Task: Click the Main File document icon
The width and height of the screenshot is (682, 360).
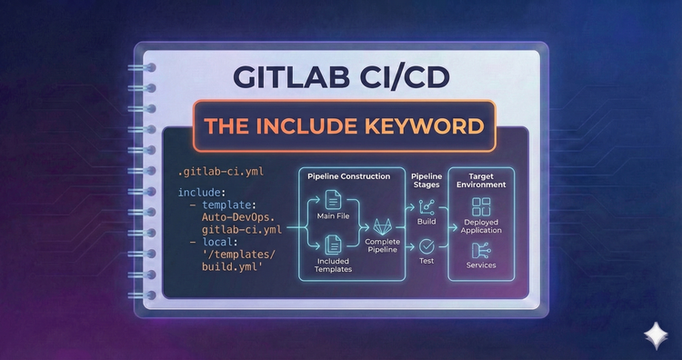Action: point(333,199)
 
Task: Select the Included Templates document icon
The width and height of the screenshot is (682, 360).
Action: point(333,244)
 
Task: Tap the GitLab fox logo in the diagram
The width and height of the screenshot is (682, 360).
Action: point(382,225)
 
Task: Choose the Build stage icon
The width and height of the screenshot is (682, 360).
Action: point(426,206)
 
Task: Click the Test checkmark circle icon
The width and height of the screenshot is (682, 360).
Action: point(426,245)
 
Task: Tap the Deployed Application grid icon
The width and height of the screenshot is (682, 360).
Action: point(481,207)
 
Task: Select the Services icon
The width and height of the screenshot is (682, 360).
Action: point(481,250)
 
